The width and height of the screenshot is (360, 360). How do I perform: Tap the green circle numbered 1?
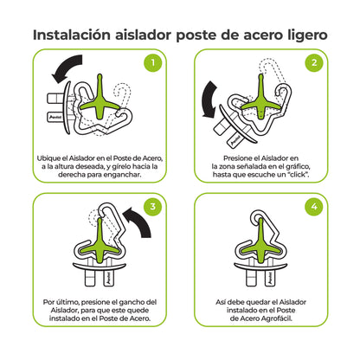pyautogui.click(x=152, y=63)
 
